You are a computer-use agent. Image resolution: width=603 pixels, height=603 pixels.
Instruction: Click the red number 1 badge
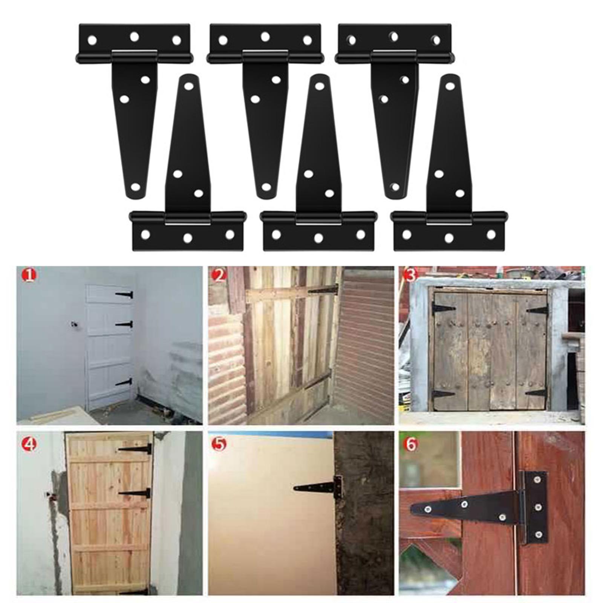pyautogui.click(x=30, y=275)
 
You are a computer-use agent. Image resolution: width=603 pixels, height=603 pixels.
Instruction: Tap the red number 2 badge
pyautogui.click(x=219, y=275)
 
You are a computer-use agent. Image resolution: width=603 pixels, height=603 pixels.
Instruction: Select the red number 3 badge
pyautogui.click(x=410, y=275)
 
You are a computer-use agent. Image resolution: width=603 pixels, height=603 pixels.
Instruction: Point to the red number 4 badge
pyautogui.click(x=30, y=445)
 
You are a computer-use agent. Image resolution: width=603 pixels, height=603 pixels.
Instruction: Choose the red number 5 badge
pyautogui.click(x=219, y=445)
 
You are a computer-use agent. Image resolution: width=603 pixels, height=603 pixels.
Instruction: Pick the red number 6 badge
pyautogui.click(x=410, y=445)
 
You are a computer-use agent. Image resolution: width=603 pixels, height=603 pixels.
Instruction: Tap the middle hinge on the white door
pyautogui.click(x=125, y=324)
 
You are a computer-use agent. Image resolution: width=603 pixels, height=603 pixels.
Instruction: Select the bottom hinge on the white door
pyautogui.click(x=124, y=382)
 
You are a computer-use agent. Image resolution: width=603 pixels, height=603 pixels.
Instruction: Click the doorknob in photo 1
pyautogui.click(x=73, y=324)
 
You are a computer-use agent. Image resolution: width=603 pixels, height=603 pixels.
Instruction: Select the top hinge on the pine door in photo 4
pyautogui.click(x=135, y=449)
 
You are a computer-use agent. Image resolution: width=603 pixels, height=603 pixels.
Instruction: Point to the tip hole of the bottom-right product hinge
pyautogui.click(x=449, y=86)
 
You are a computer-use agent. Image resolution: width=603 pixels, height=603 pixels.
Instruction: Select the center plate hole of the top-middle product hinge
pyautogui.click(x=265, y=37)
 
